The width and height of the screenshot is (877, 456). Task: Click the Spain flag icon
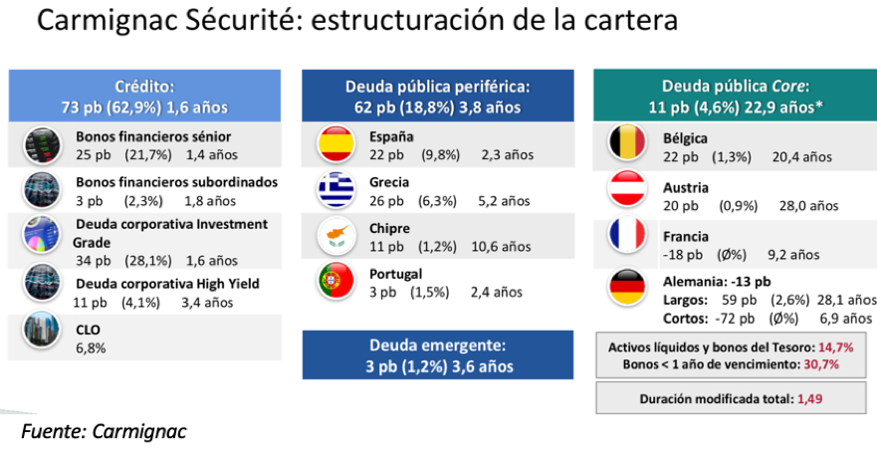335,144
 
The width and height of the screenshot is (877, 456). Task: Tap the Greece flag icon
335,190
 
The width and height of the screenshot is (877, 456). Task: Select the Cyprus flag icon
335,236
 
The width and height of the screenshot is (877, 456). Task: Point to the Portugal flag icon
335,282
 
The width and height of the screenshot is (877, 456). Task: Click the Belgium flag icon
628,144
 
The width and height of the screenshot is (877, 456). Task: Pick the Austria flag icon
628,190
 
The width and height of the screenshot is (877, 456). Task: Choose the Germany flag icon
628,288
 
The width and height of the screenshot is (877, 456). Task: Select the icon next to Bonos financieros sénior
42,146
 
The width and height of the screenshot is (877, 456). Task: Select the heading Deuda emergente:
437,345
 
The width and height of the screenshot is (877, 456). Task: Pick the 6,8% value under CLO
91,347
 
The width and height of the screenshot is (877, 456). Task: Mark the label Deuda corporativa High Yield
167,284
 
